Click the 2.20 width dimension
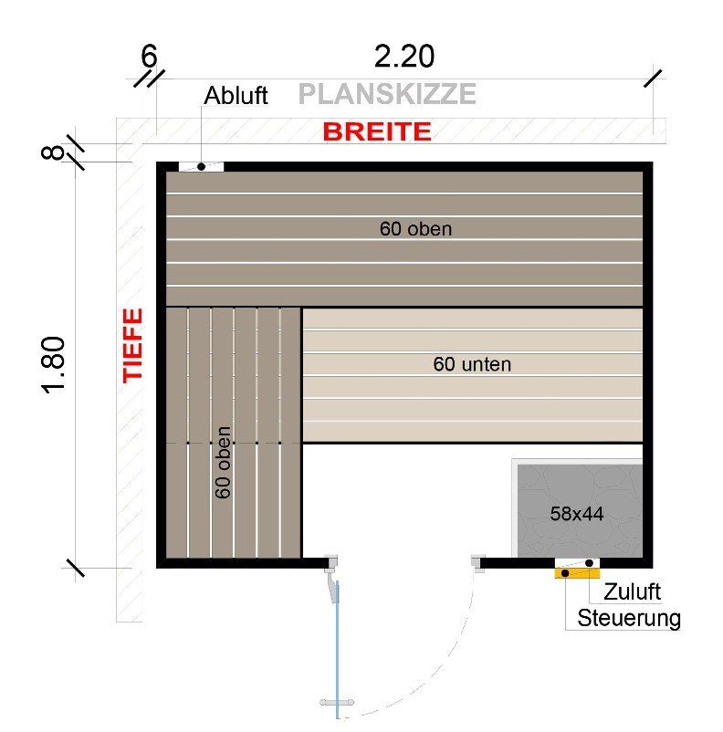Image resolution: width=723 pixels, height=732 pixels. click(x=404, y=57)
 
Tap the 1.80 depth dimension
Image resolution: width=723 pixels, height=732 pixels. click(x=54, y=365)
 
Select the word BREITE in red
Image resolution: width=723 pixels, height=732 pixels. click(x=376, y=132)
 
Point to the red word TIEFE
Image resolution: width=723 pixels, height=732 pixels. click(x=134, y=344)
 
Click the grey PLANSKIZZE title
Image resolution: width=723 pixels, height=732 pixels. click(x=387, y=94)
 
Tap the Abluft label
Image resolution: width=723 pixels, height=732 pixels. click(x=236, y=96)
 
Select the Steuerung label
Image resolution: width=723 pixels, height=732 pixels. click(x=629, y=618)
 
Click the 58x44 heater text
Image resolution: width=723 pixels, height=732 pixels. click(x=577, y=514)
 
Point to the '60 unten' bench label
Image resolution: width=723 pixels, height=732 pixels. click(x=472, y=364)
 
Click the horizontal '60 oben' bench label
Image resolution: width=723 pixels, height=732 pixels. click(x=415, y=229)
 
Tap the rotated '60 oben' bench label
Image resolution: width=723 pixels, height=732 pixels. click(x=224, y=462)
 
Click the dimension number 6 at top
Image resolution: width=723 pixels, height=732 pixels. click(x=149, y=57)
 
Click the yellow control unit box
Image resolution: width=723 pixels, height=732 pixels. click(x=576, y=574)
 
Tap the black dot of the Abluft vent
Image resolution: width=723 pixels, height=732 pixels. click(x=201, y=167)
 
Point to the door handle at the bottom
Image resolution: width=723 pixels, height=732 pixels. click(x=336, y=703)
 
